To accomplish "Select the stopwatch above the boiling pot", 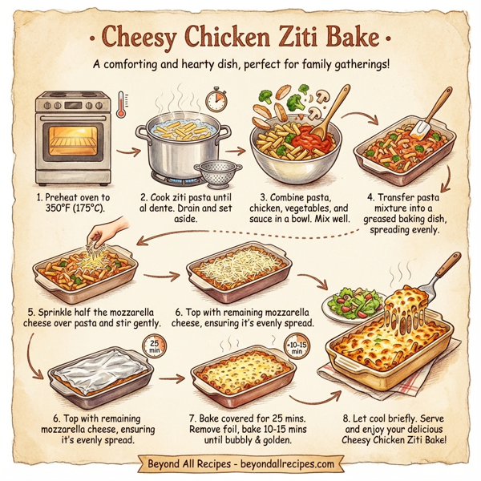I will click(214, 99).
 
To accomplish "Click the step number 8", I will click(346, 416).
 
